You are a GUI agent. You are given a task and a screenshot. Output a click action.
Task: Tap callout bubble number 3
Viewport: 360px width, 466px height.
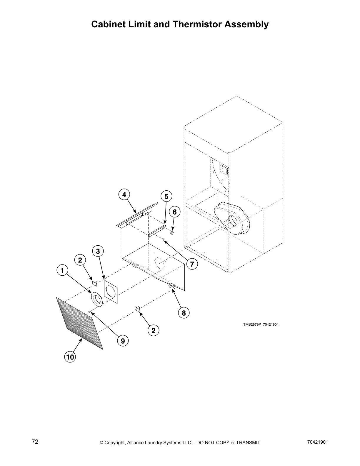[98, 251]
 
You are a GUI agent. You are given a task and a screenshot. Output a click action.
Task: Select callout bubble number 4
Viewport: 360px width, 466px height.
[124, 194]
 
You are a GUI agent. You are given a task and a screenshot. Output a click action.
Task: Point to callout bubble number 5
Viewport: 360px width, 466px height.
[166, 196]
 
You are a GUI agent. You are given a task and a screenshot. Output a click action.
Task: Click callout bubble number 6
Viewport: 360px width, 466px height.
[174, 212]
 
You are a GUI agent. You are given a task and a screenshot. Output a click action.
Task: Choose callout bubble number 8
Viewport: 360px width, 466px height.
[184, 313]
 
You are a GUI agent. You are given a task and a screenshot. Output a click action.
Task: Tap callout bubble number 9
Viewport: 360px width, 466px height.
[123, 341]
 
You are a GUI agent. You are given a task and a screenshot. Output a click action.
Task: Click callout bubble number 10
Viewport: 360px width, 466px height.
[70, 357]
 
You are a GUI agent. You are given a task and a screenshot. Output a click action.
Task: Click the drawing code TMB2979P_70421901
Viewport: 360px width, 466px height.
[261, 324]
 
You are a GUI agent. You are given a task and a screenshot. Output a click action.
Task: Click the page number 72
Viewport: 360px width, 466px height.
[35, 442]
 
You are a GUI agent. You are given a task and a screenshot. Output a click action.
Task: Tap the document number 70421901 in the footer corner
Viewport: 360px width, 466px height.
[317, 442]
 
